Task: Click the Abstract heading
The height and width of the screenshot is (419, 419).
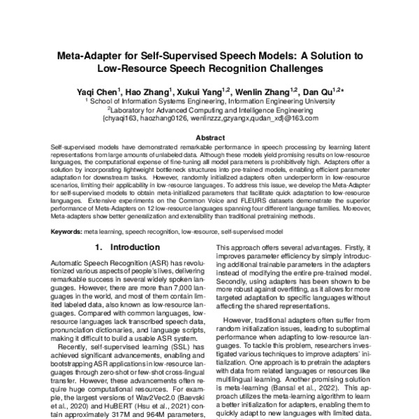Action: [x=209, y=138]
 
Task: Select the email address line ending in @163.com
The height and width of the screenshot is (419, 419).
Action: [x=209, y=118]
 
